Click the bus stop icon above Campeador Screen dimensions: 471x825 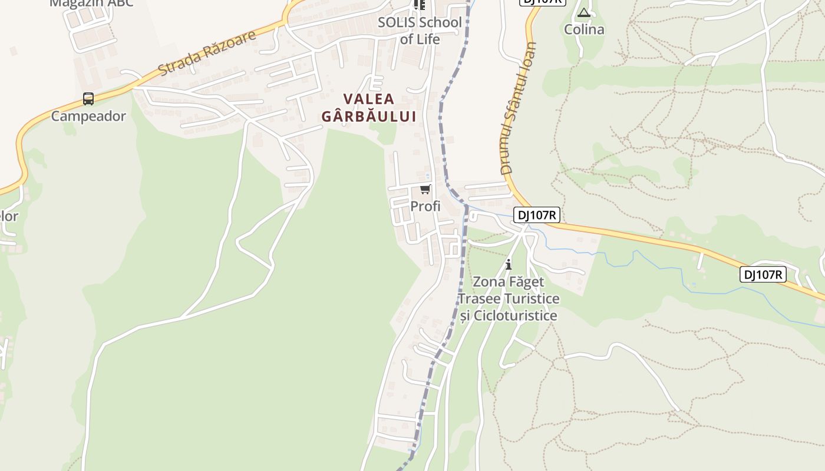point(88,99)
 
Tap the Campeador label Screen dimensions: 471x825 point(88,116)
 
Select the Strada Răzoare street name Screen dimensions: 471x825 point(207,52)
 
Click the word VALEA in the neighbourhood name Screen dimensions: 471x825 point(369,99)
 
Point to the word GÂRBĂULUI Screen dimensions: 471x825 point(369,117)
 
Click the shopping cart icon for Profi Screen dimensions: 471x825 point(425,190)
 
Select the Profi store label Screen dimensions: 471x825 point(425,206)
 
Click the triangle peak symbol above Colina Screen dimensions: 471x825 point(584,12)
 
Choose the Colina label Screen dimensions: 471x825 point(584,29)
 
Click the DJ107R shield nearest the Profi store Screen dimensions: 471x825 point(536,215)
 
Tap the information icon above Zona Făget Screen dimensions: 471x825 point(509,264)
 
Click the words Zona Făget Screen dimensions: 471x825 point(509,282)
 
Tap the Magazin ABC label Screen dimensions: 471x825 point(91,3)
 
